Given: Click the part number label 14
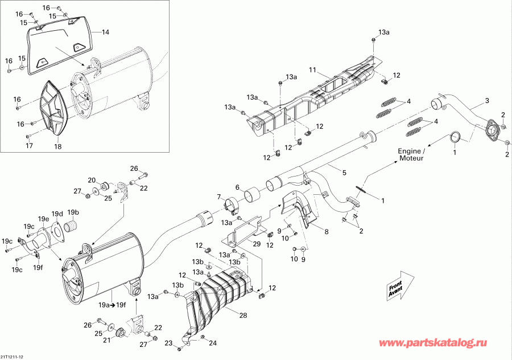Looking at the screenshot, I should (105, 32).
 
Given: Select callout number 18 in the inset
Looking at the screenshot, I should (57, 147).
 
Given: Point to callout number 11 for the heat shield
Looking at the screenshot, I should (312, 69).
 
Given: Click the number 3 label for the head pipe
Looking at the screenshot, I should (486, 101).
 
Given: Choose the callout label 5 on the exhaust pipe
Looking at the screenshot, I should (344, 172).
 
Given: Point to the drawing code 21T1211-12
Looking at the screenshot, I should (13, 357).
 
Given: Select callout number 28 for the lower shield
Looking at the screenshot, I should (243, 315).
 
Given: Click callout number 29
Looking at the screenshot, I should (257, 244).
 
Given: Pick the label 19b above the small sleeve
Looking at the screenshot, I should (73, 212).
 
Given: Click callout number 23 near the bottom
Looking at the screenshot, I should (168, 342).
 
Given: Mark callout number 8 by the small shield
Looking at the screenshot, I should (327, 232).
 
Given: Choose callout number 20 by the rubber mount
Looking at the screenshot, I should (92, 180).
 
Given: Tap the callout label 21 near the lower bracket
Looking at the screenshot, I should (106, 339).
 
